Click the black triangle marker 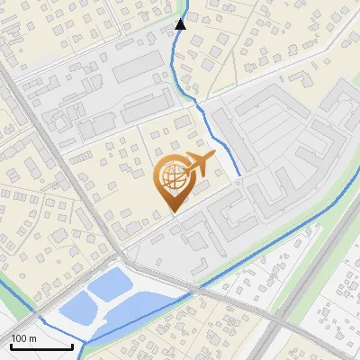[x=180, y=24]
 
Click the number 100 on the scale [x=19, y=337]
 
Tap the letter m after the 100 [x=32, y=337]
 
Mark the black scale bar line [x=40, y=346]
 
